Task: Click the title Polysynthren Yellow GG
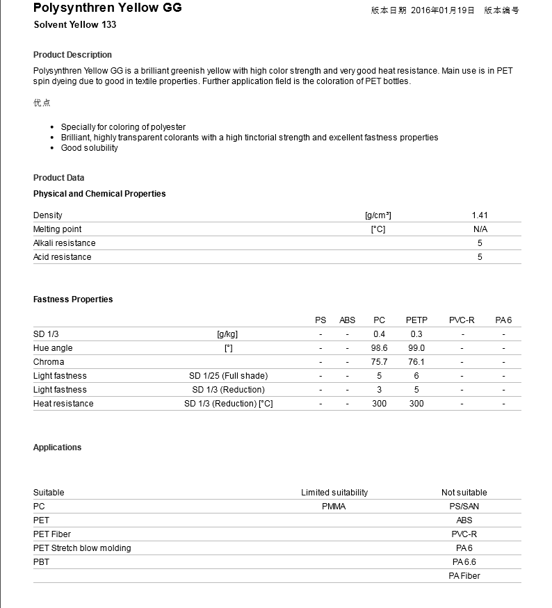coord(107,8)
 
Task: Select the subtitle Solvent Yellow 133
coord(75,25)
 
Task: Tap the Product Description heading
coord(72,55)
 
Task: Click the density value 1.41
coord(479,215)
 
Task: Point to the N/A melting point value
coord(480,229)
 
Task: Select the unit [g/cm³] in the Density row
coord(378,215)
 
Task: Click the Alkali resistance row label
coord(65,243)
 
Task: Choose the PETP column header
coord(416,320)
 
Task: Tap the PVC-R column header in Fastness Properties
coord(462,320)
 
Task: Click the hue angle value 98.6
coord(379,348)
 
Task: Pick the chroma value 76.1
coord(416,362)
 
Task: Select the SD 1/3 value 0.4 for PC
coord(379,334)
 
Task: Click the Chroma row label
coord(49,362)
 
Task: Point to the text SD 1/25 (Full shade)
coord(228,376)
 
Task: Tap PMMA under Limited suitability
coord(334,507)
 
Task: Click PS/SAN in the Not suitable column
coord(464,507)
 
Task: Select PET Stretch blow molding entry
coord(82,548)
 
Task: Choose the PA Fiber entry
coord(464,576)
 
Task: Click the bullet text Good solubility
coord(90,148)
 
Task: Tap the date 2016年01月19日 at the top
coord(443,10)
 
